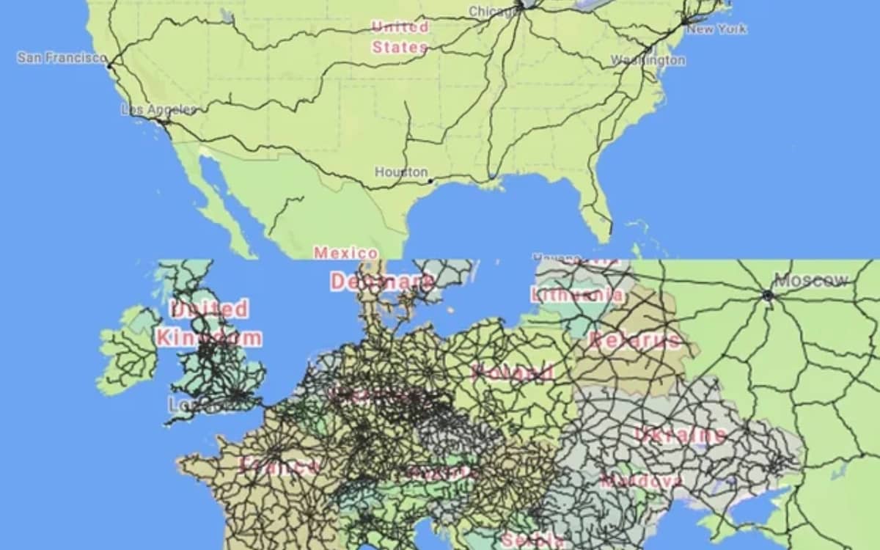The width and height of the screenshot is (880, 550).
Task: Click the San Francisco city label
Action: tap(62, 57)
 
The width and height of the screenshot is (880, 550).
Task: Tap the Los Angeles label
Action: tap(158, 110)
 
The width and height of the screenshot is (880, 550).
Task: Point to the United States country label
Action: tap(400, 37)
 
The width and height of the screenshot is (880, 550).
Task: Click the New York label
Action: tap(716, 29)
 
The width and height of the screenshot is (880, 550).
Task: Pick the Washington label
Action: tap(648, 60)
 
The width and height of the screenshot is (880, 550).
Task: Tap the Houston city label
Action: tap(401, 172)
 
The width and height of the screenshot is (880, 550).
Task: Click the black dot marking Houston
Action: tap(430, 180)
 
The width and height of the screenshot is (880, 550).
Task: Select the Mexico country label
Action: tap(346, 253)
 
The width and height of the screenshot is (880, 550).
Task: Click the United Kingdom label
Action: tap(209, 323)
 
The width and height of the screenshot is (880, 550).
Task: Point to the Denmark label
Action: tap(381, 282)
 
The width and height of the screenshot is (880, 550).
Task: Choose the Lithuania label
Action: tap(578, 296)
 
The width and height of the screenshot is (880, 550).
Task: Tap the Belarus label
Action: tap(634, 340)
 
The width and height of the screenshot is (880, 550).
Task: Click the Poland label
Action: tap(513, 372)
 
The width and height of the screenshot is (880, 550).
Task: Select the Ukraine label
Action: tap(680, 435)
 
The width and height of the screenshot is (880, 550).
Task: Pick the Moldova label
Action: tap(641, 482)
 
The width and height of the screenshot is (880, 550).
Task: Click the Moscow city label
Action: tap(811, 280)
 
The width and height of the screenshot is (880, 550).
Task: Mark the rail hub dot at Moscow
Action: tap(768, 296)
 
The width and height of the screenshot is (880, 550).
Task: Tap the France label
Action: tap(281, 466)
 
